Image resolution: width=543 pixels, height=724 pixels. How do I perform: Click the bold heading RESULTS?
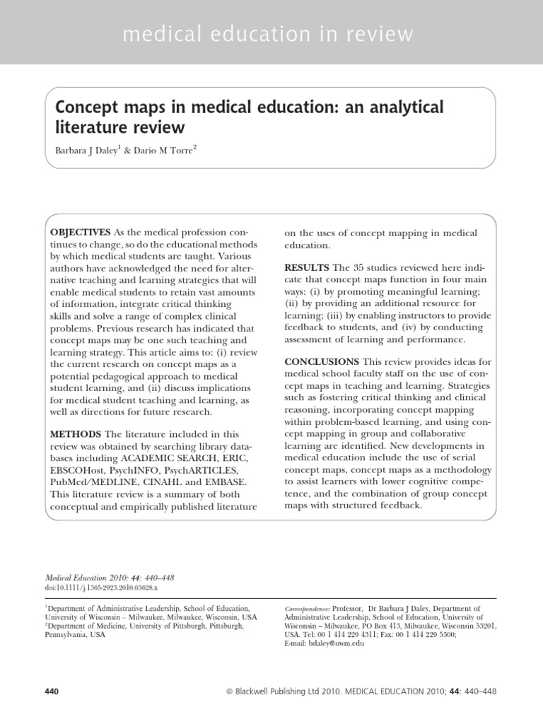(x=306, y=268)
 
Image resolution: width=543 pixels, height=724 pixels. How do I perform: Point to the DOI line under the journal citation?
(x=101, y=588)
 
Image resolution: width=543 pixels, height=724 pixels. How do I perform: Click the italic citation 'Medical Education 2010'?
(x=89, y=578)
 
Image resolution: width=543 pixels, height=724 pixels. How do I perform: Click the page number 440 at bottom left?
(x=52, y=690)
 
